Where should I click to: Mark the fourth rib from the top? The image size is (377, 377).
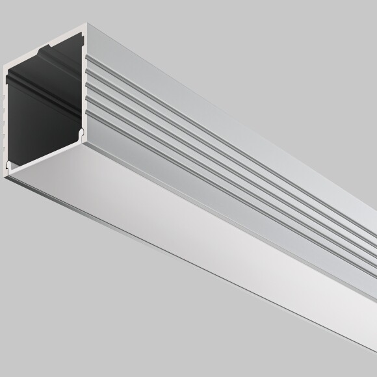coord(195,154)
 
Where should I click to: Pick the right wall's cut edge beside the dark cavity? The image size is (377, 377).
coord(85,84)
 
